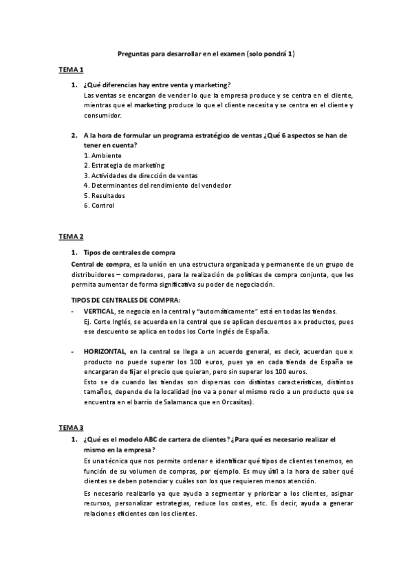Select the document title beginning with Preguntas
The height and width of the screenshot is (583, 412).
pos(206,53)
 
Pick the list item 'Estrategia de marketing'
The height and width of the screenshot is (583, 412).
pos(124,165)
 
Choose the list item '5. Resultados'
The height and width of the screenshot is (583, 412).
pos(104,195)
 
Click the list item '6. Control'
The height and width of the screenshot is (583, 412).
pos(99,205)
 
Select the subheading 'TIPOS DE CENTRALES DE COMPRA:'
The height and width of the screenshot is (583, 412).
pos(127,299)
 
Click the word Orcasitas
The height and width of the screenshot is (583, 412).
pos(235,401)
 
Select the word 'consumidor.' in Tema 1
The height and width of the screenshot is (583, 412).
pos(102,115)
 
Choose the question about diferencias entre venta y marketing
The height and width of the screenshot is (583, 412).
pos(157,85)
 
